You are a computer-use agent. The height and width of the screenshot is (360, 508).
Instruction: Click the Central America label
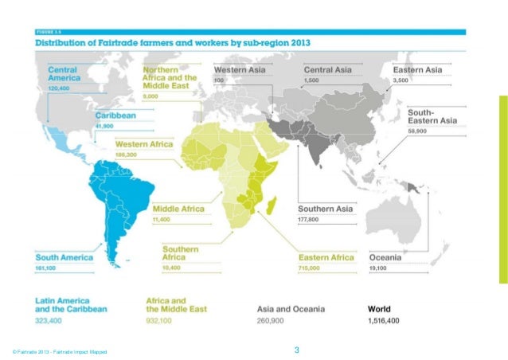[x=62, y=74]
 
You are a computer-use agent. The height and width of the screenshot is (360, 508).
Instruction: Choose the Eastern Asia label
[x=418, y=70]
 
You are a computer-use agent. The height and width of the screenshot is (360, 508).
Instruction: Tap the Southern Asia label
[x=325, y=209]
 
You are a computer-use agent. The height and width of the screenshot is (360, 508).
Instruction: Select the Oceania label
[x=385, y=257]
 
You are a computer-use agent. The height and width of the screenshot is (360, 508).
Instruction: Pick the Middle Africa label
[x=178, y=209]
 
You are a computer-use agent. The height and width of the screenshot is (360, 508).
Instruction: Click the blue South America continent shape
[x=111, y=199]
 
